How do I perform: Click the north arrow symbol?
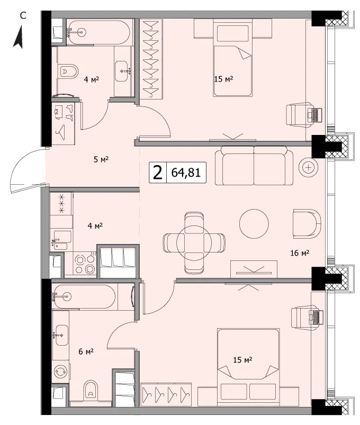pos(19,37)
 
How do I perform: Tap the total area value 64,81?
pos(186,173)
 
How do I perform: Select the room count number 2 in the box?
pos(158,173)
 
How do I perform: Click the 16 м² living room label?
pos(300,253)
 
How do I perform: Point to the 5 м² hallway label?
pos(101,159)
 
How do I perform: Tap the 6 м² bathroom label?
pos(86,351)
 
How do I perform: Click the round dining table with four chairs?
pos(194,242)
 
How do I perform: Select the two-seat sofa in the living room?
pos(254,165)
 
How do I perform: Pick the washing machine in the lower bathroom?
pos(61,372)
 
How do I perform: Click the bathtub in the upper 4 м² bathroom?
pos(98,32)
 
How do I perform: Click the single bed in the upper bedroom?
pos(233,58)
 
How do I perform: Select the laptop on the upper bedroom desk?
pos(314,115)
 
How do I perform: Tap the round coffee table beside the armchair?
pos(254,224)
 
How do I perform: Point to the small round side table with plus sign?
pos(309,167)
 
